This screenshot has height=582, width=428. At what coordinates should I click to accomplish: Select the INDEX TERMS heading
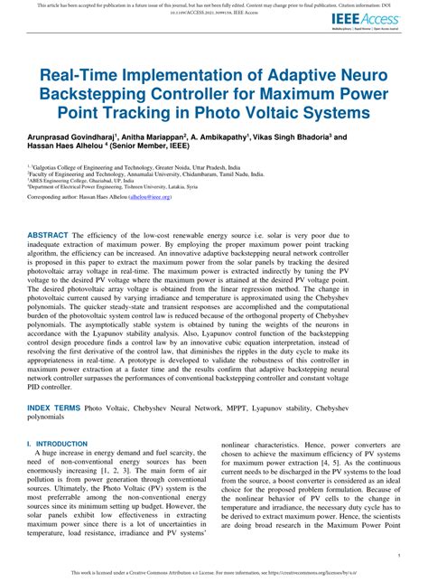pos(53,408)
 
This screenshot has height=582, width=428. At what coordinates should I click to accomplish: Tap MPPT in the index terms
pos(258,408)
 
